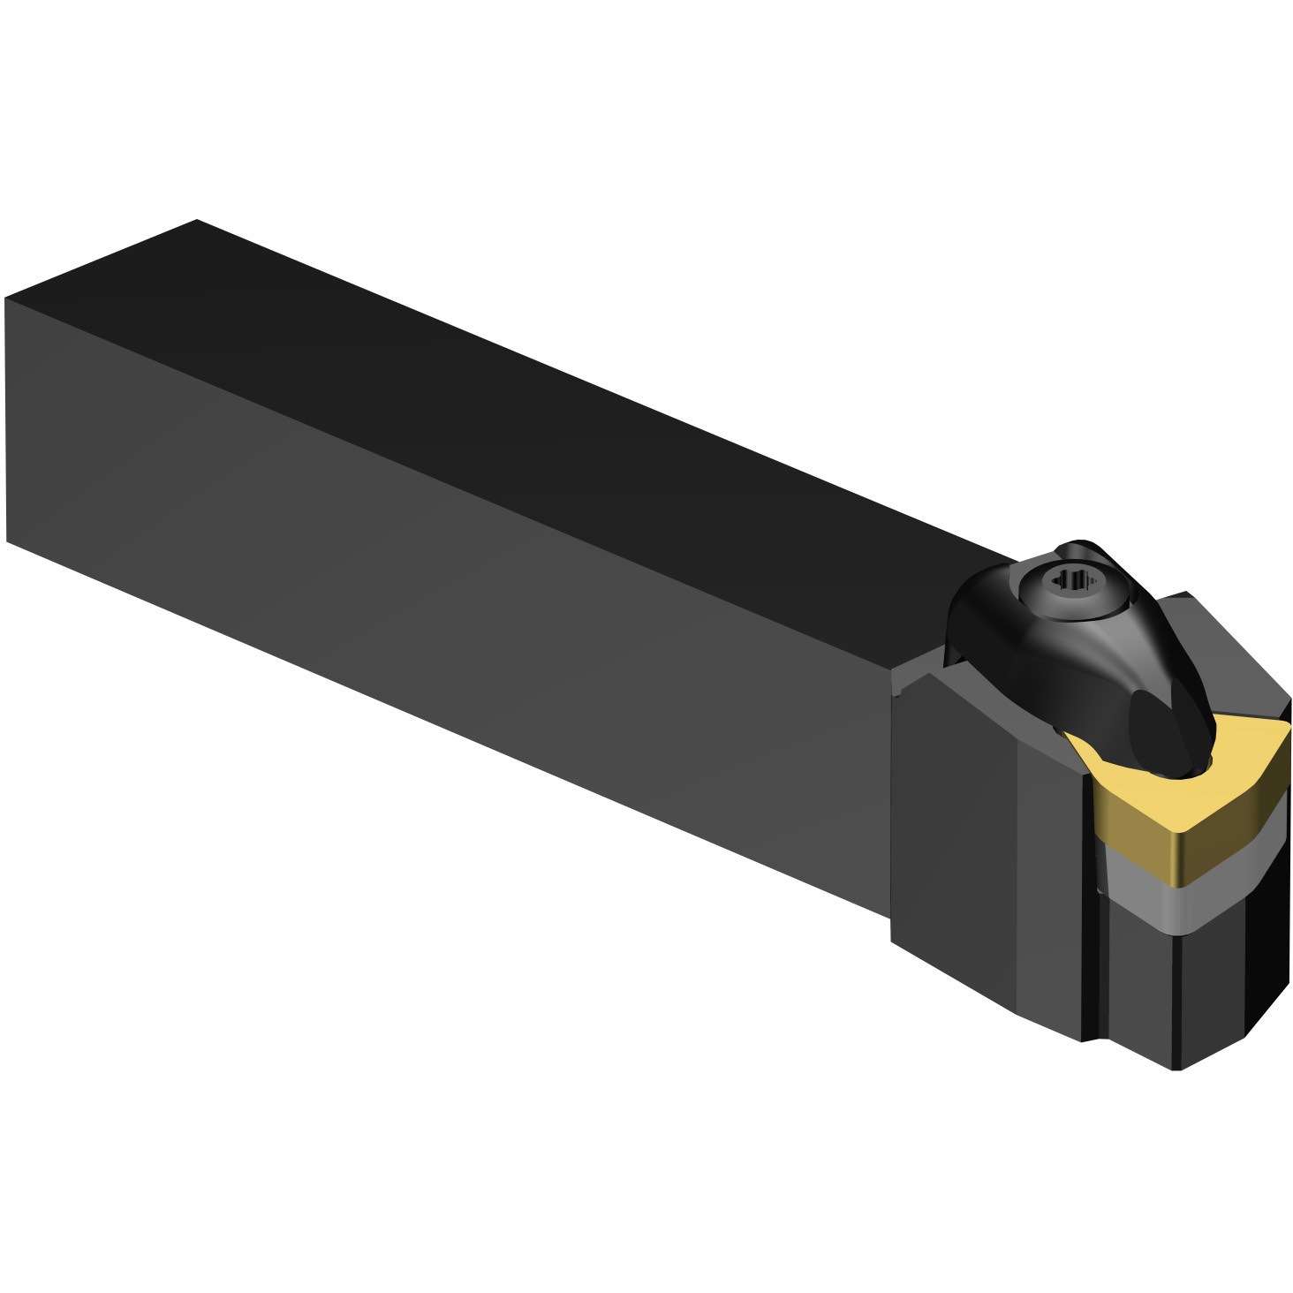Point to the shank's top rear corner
tap(196, 221)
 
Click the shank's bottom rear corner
tap(7, 541)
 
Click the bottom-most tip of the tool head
tap(1177, 1070)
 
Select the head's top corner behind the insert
tap(1185, 594)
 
